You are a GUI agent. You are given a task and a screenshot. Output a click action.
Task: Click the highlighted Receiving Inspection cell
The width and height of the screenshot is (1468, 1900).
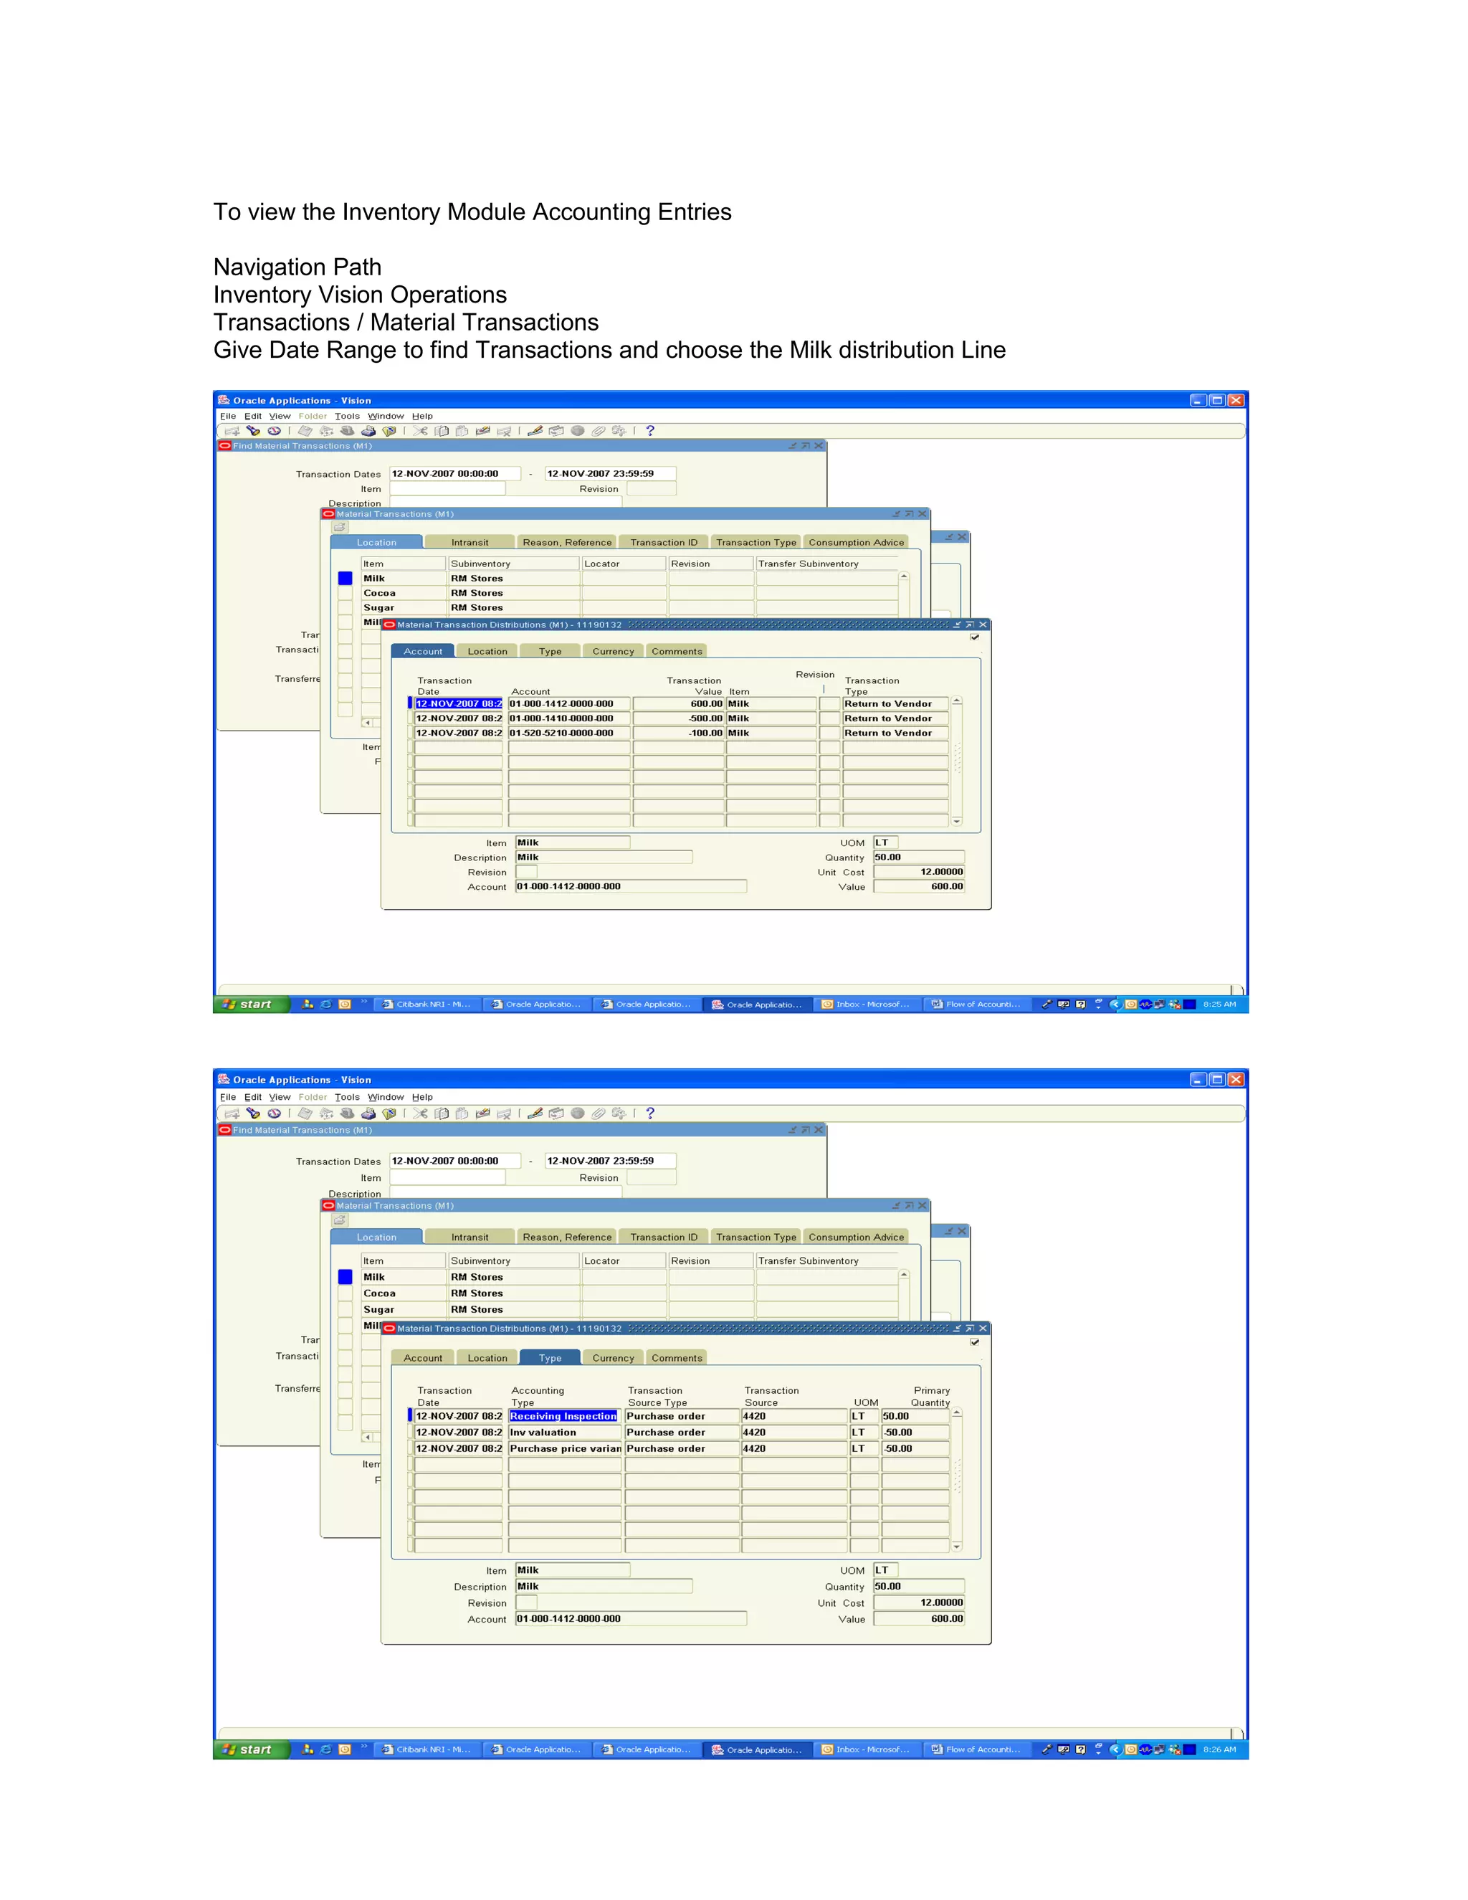pos(563,1416)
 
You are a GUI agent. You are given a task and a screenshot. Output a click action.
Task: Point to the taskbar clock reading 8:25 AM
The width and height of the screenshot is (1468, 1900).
pos(1219,1004)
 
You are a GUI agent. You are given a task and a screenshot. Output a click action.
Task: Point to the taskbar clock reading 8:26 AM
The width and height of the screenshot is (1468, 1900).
pos(1219,1749)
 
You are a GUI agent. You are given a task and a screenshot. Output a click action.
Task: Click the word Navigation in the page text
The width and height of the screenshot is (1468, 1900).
pos(269,267)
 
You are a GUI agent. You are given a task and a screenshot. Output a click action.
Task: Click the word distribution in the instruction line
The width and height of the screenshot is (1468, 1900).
pos(853,350)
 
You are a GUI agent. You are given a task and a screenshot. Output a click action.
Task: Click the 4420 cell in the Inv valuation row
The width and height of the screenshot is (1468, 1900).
pos(755,1432)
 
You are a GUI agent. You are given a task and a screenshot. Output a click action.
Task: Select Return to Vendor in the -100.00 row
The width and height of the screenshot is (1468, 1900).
pos(888,733)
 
